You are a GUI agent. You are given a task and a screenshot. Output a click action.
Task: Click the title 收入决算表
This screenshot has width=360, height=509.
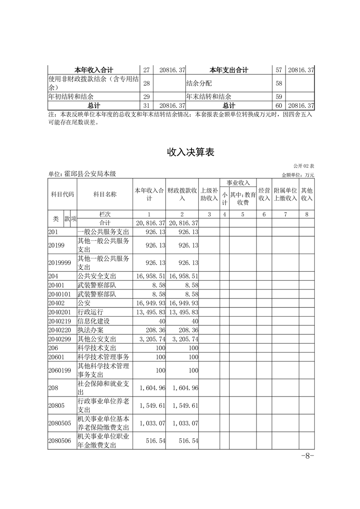pos(190,152)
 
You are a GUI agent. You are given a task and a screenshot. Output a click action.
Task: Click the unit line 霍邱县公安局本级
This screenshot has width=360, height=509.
pos(83,174)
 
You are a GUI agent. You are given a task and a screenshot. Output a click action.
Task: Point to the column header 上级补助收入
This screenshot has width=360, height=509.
pos(209,195)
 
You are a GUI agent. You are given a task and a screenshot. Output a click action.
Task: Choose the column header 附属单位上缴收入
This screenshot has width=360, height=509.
pos(285,195)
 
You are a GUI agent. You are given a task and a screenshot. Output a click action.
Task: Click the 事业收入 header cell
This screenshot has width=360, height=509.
pos(238,182)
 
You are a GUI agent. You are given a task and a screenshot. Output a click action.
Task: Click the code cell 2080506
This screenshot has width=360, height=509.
pos(60,440)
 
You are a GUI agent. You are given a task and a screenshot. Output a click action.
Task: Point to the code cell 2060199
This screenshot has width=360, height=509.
pos(60,371)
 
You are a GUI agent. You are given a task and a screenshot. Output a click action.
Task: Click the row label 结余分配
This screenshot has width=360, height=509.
pos(199,83)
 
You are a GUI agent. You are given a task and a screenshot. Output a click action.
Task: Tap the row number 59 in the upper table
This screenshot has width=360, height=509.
pos(279,97)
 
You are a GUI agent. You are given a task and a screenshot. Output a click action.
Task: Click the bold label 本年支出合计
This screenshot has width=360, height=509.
pos(229,70)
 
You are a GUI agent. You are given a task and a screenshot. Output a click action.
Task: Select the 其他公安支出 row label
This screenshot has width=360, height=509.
pos(97,339)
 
